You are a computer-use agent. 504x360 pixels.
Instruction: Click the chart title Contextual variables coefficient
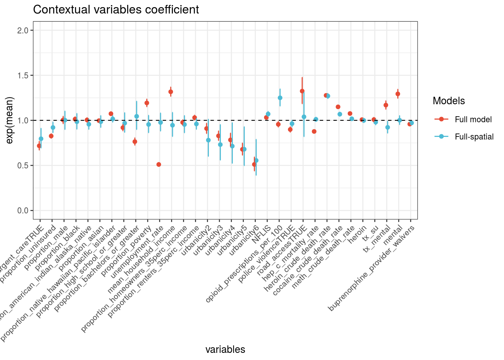click(116, 10)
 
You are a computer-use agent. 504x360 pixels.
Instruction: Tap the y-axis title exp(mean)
click(10, 120)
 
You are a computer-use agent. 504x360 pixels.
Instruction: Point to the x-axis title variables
click(225, 349)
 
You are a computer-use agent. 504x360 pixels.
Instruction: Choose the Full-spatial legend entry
click(474, 137)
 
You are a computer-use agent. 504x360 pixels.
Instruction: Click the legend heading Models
click(448, 101)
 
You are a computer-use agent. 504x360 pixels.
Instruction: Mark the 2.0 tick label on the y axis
click(23, 30)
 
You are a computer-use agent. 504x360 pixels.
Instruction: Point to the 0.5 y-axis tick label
click(23, 165)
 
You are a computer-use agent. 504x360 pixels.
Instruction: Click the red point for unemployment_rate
click(159, 164)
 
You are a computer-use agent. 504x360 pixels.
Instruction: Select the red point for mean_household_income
click(171, 91)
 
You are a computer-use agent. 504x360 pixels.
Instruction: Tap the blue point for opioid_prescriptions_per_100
click(280, 98)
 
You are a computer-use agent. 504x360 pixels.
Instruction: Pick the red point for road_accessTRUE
click(302, 91)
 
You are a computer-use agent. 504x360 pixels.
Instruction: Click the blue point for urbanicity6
click(256, 160)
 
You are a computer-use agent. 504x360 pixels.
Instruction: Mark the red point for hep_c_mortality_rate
click(314, 131)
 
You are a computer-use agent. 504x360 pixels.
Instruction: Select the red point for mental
click(398, 94)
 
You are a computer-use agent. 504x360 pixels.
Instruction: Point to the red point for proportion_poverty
click(147, 103)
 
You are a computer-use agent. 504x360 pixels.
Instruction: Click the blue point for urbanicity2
click(208, 140)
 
